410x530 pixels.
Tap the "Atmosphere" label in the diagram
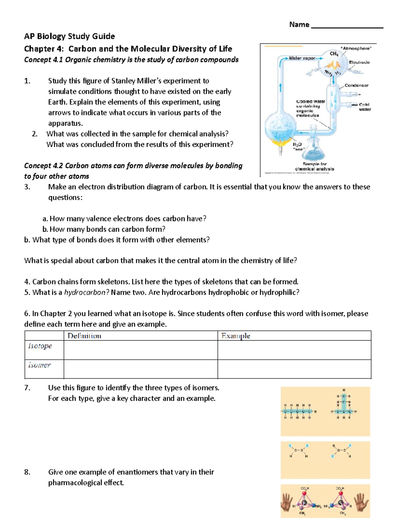tap(356, 48)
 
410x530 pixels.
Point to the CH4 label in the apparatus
tap(334, 54)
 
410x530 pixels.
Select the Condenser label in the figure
tap(356, 85)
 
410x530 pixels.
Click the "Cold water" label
tap(364, 107)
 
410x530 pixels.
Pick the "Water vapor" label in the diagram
tap(302, 58)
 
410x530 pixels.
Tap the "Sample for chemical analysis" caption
tap(315, 167)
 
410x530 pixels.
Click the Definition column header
tap(84, 336)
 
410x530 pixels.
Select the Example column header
tap(236, 336)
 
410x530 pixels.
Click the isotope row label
tap(40, 346)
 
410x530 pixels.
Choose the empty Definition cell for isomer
tap(140, 369)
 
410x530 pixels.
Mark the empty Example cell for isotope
tap(294, 350)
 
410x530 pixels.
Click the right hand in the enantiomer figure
tap(362, 502)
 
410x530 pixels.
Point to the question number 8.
tap(27, 472)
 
